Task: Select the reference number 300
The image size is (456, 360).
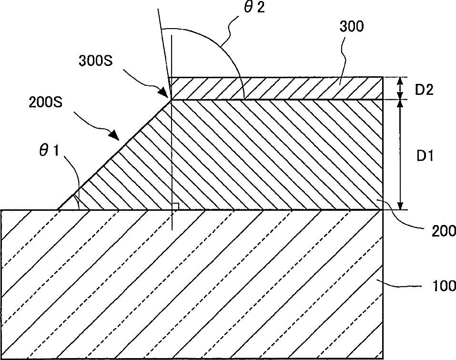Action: coord(352,26)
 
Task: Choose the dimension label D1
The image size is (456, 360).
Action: coord(424,156)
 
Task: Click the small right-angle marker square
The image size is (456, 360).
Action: coord(175,206)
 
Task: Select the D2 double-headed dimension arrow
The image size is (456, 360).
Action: coord(400,88)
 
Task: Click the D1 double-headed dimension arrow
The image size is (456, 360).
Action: coord(400,155)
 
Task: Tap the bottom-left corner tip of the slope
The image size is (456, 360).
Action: coord(58,209)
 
